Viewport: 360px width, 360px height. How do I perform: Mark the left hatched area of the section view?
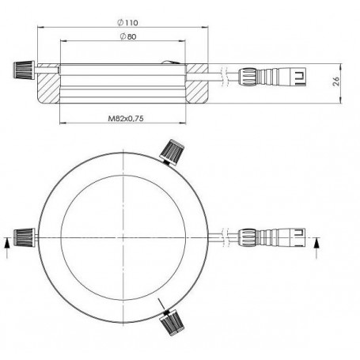[x=48, y=83]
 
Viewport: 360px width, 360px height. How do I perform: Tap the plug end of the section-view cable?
[x=296, y=78]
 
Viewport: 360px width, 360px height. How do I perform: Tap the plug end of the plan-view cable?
[x=296, y=237]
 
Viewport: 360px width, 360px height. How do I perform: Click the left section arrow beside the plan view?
[x=8, y=246]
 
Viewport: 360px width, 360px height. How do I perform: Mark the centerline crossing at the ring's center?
[x=125, y=237]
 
